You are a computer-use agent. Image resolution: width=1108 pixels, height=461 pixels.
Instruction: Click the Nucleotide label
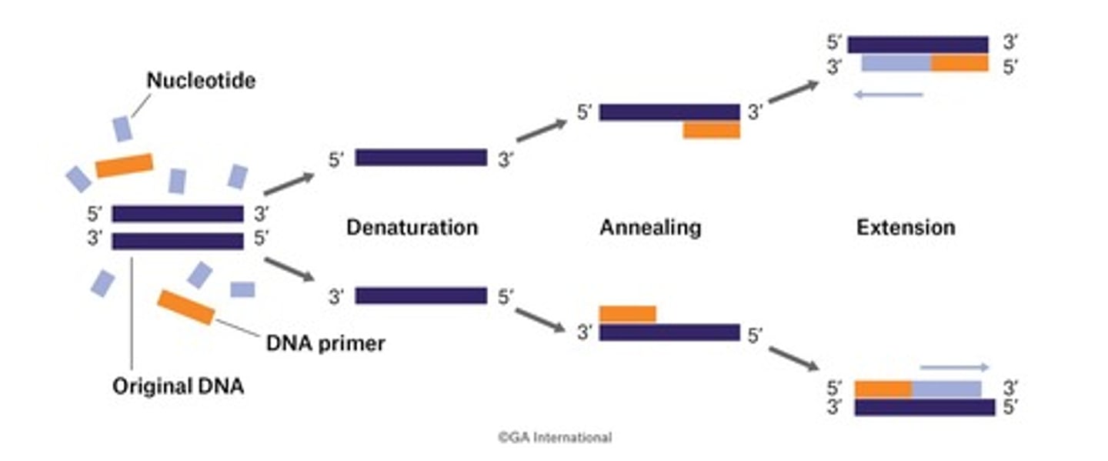(x=201, y=80)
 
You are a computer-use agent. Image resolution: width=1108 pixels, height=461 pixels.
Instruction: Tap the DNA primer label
(x=325, y=343)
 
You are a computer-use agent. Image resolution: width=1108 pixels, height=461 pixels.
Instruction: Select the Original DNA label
(x=178, y=386)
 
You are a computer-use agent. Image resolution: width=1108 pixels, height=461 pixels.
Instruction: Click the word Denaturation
(x=412, y=228)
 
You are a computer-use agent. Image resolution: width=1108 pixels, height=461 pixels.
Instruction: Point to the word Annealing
(x=650, y=228)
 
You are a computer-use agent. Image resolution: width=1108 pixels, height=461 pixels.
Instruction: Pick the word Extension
(x=906, y=228)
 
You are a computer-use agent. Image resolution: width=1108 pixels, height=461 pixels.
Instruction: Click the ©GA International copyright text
(x=554, y=437)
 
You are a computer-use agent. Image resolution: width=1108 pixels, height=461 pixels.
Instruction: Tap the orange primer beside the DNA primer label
(x=186, y=307)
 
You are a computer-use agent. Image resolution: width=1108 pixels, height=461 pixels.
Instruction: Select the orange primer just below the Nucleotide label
(x=124, y=165)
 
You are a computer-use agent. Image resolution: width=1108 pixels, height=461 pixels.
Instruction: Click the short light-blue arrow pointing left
(x=888, y=95)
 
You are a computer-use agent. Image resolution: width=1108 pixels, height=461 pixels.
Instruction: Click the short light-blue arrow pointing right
(x=954, y=368)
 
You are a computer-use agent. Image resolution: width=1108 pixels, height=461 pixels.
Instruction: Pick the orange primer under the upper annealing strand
(x=711, y=130)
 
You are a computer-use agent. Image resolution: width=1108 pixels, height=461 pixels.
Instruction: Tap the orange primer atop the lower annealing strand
(x=628, y=314)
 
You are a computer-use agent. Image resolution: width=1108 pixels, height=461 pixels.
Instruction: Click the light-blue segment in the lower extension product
(x=946, y=388)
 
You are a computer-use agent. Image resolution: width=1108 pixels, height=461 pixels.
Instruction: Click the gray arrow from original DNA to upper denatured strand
(x=289, y=184)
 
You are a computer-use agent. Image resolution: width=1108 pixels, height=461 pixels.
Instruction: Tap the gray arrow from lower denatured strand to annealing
(x=539, y=320)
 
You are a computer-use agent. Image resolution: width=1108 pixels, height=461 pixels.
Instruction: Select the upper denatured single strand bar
(x=421, y=158)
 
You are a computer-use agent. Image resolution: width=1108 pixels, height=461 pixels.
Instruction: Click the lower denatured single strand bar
(x=421, y=296)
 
